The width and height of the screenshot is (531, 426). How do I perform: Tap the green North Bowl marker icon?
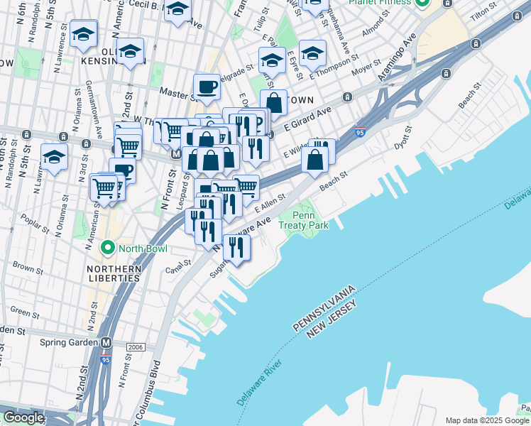pyautogui.click(x=108, y=248)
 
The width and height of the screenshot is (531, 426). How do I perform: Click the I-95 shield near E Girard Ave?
pyautogui.click(x=360, y=132)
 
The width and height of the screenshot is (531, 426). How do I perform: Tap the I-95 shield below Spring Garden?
pyautogui.click(x=106, y=360)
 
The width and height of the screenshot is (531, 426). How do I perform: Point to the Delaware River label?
pyautogui.click(x=260, y=383)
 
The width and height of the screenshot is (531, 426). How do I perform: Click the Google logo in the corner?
pyautogui.click(x=23, y=417)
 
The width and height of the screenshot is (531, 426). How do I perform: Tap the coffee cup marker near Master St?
pyautogui.click(x=207, y=87)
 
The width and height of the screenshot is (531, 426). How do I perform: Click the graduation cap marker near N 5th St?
pyautogui.click(x=54, y=158)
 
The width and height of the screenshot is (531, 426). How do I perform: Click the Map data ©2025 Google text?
pyautogui.click(x=487, y=420)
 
